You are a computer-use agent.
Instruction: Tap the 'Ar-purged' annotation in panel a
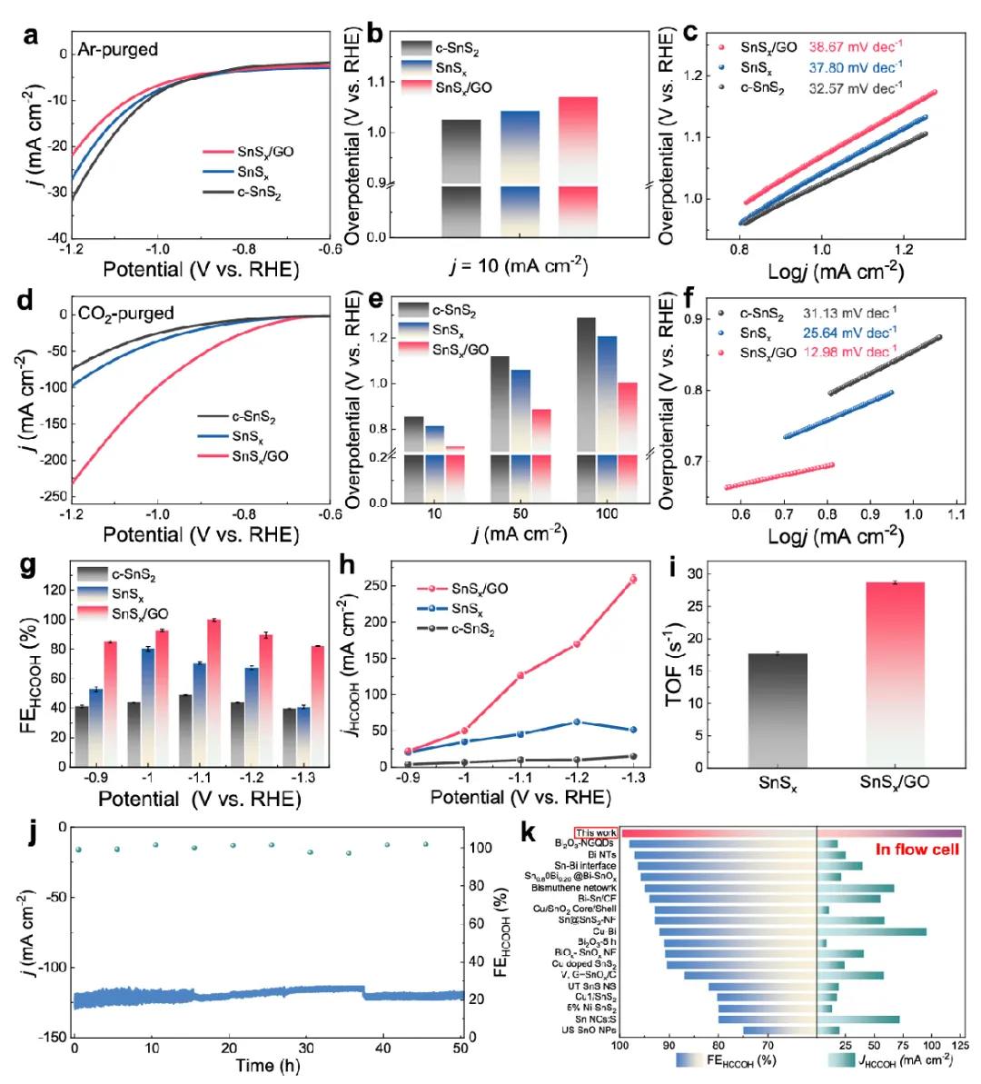coord(117,50)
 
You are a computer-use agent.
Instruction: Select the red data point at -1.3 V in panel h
coord(633,579)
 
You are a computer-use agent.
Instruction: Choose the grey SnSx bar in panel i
coord(778,710)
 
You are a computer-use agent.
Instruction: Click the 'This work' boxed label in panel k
coord(596,833)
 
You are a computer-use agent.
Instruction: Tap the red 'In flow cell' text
coord(917,850)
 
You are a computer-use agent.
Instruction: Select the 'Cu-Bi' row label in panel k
coord(604,931)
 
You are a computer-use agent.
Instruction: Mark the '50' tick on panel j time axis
coord(461,1049)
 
